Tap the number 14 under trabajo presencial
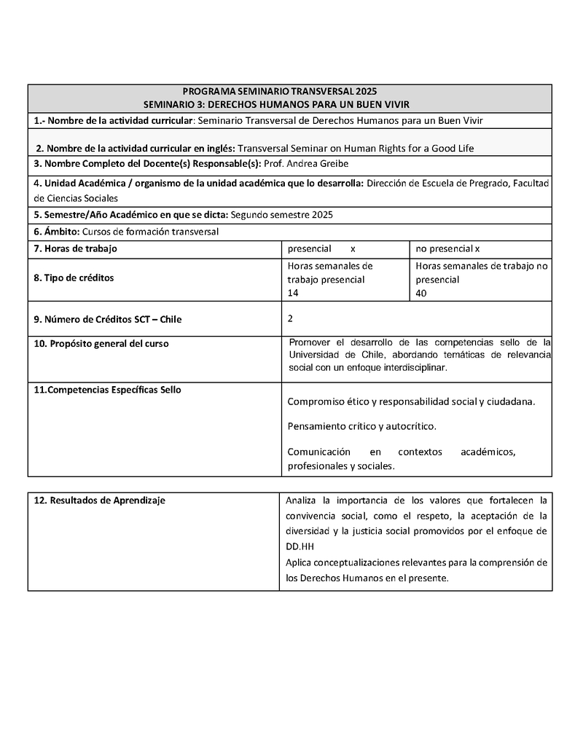coord(293,294)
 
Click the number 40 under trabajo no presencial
coord(421,294)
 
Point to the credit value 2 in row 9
coord(291,318)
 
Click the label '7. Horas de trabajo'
coord(76,248)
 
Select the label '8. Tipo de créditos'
coord(74,278)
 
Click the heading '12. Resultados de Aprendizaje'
coord(100,500)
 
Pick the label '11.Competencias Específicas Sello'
coord(108,390)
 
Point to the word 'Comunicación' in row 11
coord(318,452)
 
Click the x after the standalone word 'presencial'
coord(353,248)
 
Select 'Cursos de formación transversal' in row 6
coord(151,232)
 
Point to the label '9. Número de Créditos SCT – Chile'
coord(108,319)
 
